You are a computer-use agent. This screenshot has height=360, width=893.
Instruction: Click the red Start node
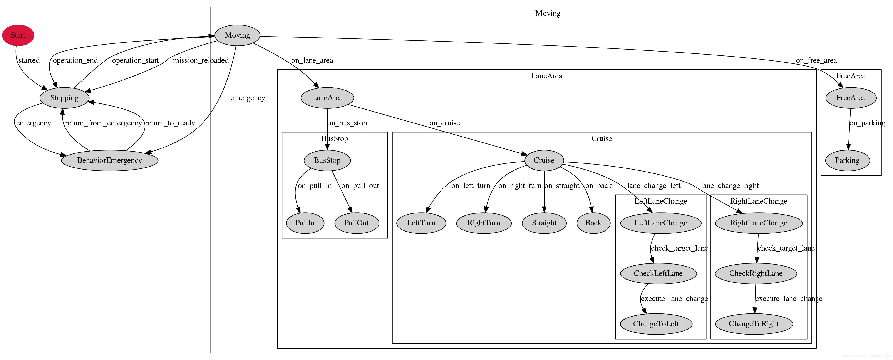point(18,35)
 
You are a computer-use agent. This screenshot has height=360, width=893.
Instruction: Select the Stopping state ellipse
point(64,98)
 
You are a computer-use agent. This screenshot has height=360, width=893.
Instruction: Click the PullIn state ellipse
point(305,223)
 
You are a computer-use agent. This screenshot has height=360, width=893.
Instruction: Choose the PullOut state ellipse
point(357,223)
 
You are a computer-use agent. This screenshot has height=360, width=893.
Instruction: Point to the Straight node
point(544,223)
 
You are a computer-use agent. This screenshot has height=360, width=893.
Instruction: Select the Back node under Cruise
point(593,223)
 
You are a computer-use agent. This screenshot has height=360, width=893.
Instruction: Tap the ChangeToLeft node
point(656,324)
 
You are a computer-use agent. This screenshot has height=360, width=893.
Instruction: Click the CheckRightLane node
point(756,273)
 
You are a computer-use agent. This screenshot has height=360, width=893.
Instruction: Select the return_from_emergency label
point(103,123)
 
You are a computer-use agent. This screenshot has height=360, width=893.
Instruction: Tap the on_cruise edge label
point(444,123)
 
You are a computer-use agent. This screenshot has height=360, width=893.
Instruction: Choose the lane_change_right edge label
point(730,186)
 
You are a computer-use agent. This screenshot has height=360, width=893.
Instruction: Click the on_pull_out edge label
point(360,186)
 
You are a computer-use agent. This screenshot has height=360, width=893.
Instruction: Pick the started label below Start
point(29,60)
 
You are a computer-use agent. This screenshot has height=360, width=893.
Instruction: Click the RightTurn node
point(484,223)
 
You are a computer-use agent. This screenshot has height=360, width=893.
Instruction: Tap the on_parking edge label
point(867,123)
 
